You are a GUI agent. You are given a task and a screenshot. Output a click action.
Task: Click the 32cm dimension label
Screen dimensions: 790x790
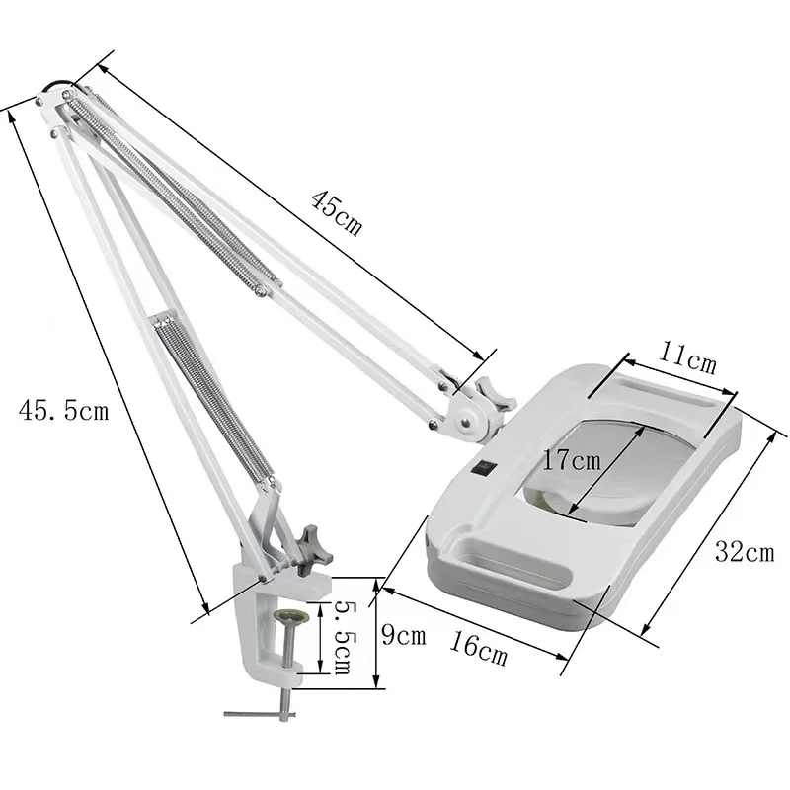(744, 552)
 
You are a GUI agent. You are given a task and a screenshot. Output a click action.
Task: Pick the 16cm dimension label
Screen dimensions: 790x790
(478, 649)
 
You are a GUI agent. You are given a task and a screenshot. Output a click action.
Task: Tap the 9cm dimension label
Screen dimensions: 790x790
(404, 635)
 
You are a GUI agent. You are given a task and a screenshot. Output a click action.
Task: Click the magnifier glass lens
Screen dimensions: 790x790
(592, 464)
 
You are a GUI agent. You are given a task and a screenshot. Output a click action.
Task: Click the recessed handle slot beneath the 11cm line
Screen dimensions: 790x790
(662, 395)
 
